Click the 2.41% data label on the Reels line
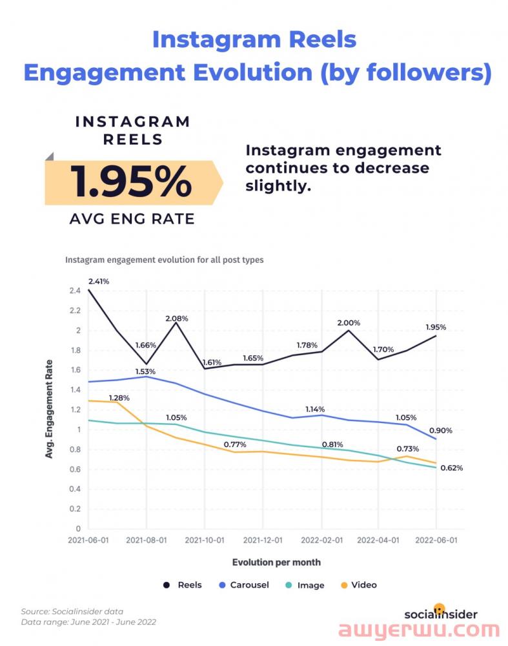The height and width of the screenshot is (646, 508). (x=99, y=281)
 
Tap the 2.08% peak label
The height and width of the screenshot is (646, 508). (x=177, y=318)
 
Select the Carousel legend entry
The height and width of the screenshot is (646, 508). (x=243, y=585)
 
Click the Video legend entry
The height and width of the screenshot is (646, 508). (x=358, y=585)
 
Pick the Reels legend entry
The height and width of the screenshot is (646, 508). (x=183, y=585)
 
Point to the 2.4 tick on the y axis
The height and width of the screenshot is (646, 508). (x=75, y=291)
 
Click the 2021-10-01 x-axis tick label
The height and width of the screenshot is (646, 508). (x=205, y=540)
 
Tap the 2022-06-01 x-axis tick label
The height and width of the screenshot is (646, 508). (x=436, y=540)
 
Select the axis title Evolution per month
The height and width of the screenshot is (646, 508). (x=276, y=562)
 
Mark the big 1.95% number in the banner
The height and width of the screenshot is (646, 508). (x=132, y=183)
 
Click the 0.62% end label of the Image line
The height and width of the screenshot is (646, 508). (x=451, y=468)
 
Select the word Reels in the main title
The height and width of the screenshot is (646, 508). (x=318, y=39)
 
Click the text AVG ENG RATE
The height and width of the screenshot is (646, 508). (x=132, y=219)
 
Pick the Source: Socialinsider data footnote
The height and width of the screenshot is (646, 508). (x=72, y=611)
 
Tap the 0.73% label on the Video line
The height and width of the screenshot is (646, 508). (x=407, y=448)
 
